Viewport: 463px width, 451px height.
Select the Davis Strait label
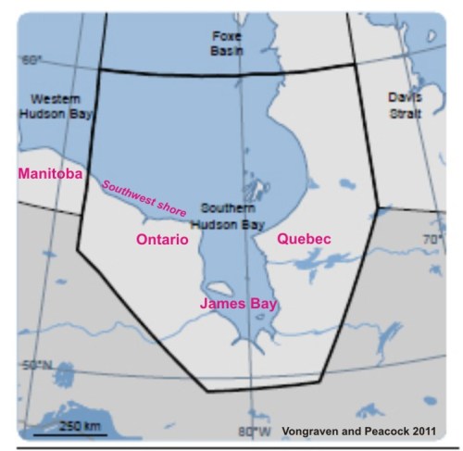(x=405, y=105)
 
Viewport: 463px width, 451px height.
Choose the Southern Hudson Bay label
(x=227, y=215)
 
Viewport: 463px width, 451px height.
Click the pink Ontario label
(x=162, y=239)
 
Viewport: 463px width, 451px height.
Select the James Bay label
(x=242, y=303)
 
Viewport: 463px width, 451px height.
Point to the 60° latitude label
(x=32, y=61)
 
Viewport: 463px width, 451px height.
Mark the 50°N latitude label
(x=36, y=365)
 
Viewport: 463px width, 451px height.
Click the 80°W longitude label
(x=254, y=432)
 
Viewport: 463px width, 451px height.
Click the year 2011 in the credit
(x=420, y=432)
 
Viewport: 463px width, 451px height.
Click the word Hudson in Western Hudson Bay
(x=48, y=114)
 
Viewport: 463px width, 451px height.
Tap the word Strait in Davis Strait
(x=405, y=113)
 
